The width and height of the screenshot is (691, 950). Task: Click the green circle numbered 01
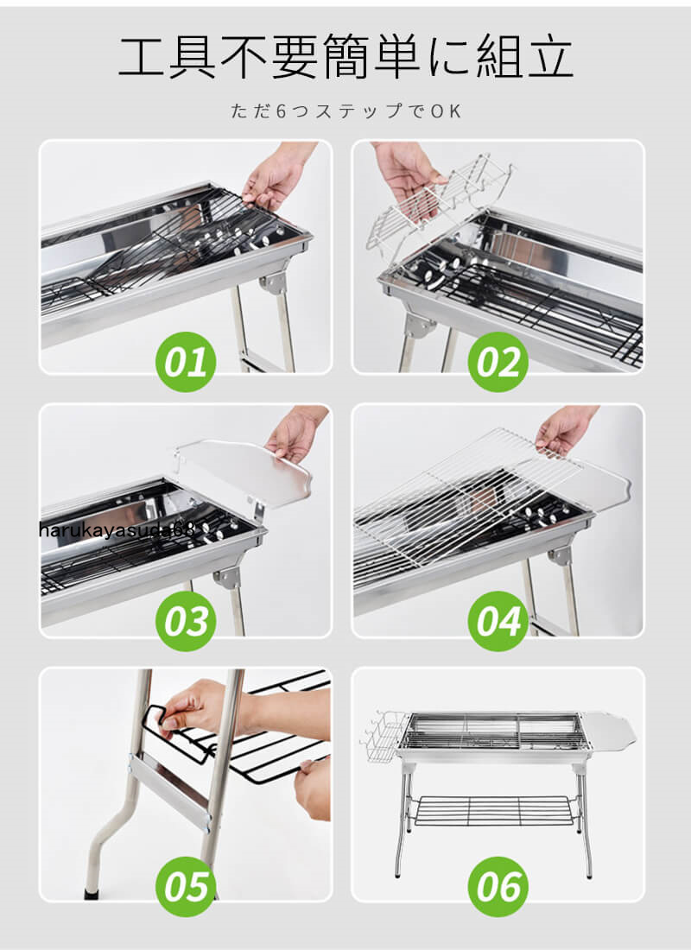click(186, 362)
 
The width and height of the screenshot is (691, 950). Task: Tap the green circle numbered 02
click(498, 362)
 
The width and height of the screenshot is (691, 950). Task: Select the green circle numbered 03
click(186, 621)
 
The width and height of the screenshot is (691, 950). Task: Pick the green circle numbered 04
click(498, 621)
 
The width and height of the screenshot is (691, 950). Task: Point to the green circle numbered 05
click(186, 886)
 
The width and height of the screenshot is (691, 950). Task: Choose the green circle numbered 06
click(498, 886)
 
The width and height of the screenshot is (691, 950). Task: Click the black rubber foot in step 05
click(92, 893)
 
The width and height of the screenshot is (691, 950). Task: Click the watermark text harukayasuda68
click(117, 530)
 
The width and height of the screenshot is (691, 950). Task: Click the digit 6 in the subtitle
click(281, 111)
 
